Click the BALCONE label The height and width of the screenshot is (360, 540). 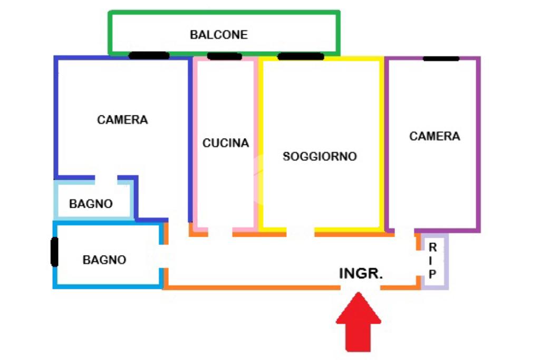coord(218,35)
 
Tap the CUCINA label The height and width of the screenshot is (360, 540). coord(226,143)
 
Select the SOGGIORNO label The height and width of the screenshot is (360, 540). coord(320,157)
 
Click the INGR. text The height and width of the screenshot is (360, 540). coord(361,274)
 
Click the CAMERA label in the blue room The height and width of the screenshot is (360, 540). coord(122,120)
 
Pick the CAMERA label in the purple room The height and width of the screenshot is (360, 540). coord(435,136)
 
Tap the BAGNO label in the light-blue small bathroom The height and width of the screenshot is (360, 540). coord(91,203)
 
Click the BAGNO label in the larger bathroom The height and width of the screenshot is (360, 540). coord(104,260)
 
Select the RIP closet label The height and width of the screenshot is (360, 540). coord(432,260)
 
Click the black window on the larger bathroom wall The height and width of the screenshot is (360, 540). coord(54,252)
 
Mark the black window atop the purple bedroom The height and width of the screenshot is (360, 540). coord(441,58)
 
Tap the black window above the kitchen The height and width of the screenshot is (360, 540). coord(225,56)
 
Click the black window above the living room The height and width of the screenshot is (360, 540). coord(301,56)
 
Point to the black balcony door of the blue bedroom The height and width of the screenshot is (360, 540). coord(149,55)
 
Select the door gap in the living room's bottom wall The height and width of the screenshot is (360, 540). coord(301,231)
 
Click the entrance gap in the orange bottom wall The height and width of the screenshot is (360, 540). coord(360,288)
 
